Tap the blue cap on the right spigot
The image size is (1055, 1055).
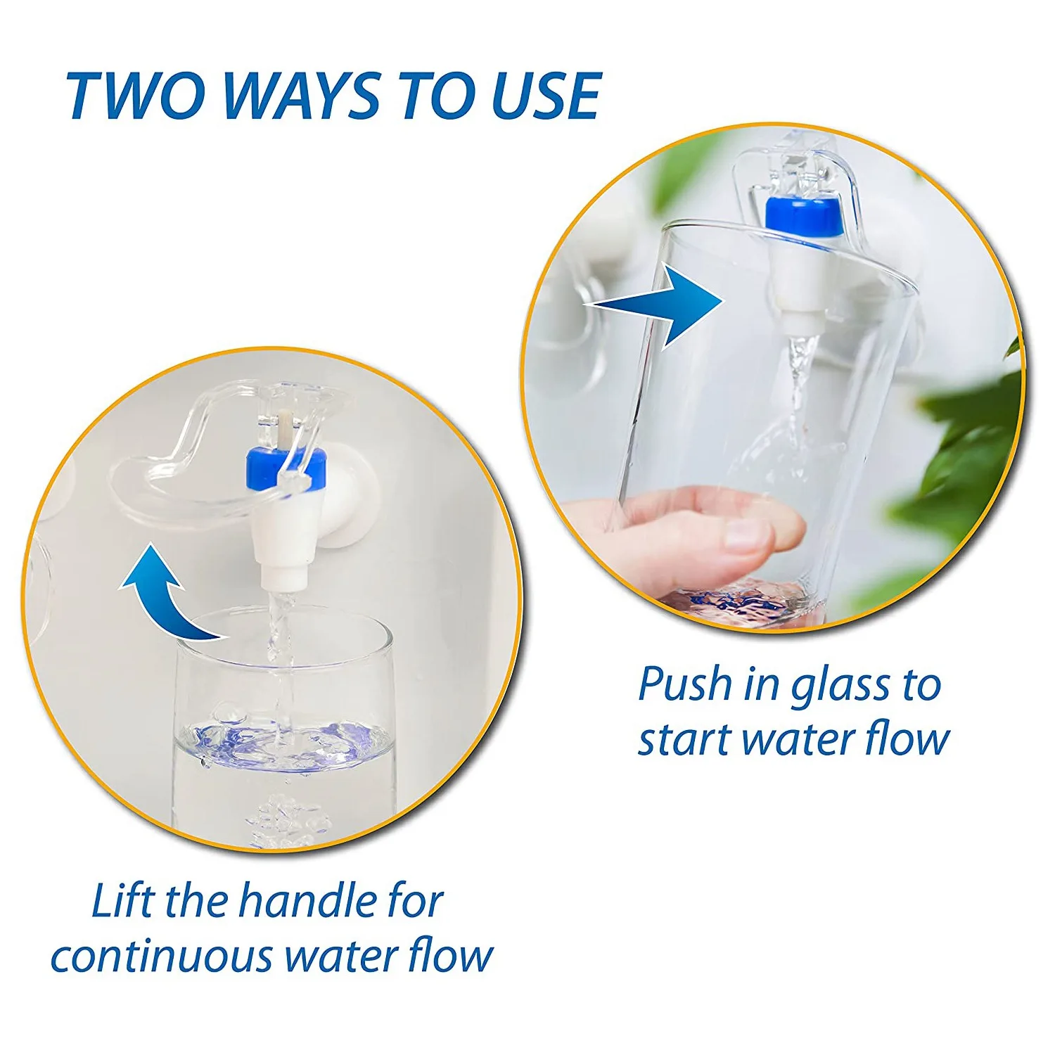click(804, 216)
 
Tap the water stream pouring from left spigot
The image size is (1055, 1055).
click(280, 633)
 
